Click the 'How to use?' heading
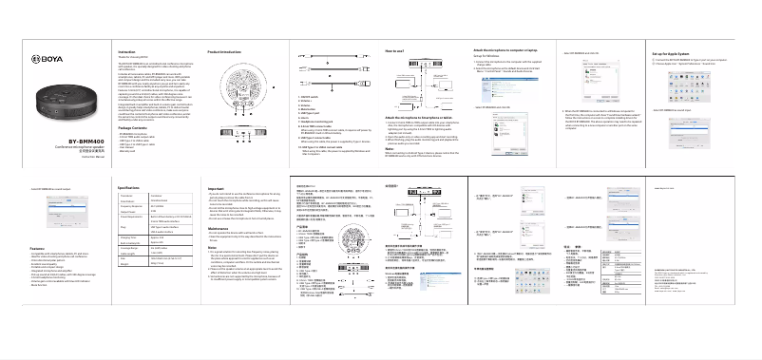(396, 48)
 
